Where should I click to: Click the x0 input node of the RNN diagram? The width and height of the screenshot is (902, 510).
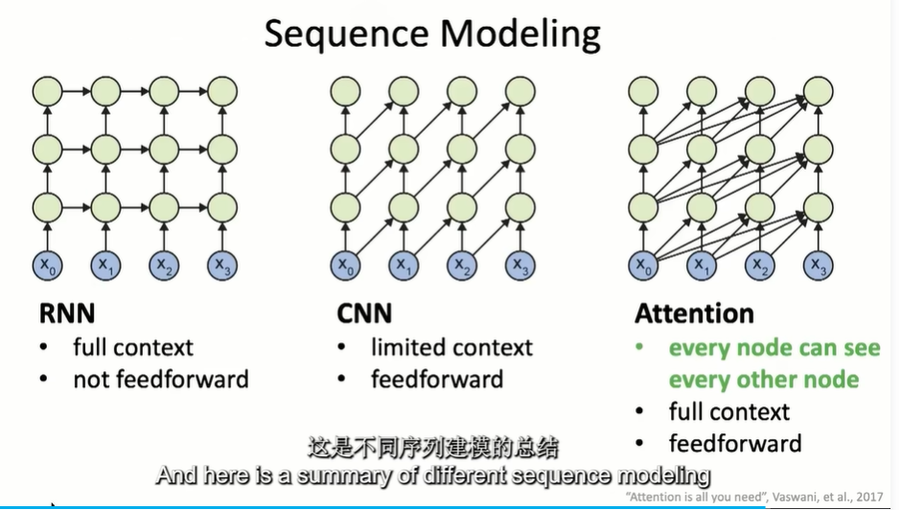[46, 265]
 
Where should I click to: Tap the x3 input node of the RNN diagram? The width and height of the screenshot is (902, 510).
[221, 265]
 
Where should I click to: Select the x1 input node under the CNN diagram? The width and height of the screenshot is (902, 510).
[404, 265]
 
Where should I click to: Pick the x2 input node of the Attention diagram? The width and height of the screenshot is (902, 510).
[759, 265]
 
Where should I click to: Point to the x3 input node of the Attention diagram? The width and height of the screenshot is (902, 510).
[817, 265]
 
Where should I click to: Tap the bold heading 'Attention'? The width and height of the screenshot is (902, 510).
[694, 313]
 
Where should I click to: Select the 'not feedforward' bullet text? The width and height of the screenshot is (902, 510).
[160, 380]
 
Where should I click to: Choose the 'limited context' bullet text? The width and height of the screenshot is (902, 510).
[451, 347]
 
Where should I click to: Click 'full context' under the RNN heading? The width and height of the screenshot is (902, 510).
[133, 347]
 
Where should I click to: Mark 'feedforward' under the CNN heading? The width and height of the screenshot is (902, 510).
[436, 380]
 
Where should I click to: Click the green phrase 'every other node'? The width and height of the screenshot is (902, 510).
[763, 380]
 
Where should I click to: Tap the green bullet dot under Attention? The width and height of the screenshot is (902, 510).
[639, 348]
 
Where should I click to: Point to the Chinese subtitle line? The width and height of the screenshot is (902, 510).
[432, 448]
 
